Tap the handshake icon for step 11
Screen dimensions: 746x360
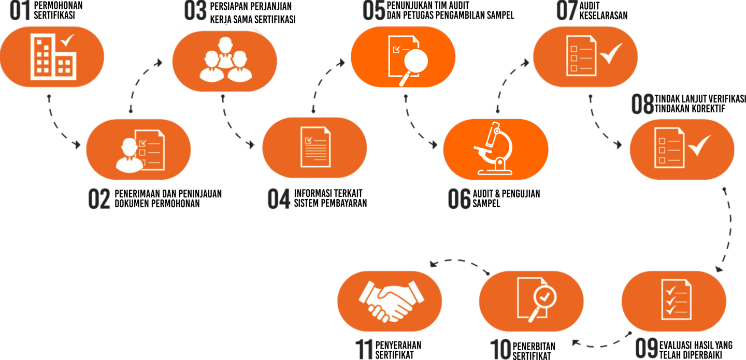pyautogui.click(x=389, y=300)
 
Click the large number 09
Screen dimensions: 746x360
pyautogui.click(x=646, y=349)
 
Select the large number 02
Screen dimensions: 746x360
pyautogui.click(x=99, y=198)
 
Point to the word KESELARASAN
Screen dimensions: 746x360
pyautogui.click(x=604, y=16)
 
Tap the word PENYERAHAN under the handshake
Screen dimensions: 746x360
pyautogui.click(x=398, y=345)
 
